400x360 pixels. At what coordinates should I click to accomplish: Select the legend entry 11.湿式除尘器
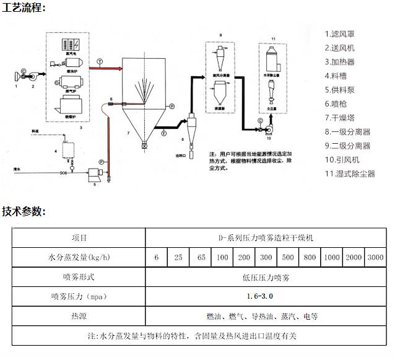click(x=350, y=173)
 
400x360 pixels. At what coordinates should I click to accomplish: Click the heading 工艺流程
click(x=24, y=8)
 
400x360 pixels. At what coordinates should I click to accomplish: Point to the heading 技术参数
click(x=24, y=211)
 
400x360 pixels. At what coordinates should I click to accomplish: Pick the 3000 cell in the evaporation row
click(x=375, y=257)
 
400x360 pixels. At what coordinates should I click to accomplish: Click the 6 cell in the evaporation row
click(x=157, y=257)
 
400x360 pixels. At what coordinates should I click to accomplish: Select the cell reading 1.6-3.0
click(x=266, y=296)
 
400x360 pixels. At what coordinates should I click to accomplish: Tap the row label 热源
click(x=79, y=316)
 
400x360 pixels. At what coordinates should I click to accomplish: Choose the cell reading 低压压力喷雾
click(x=266, y=276)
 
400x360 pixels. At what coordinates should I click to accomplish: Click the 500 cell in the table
click(x=288, y=257)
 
